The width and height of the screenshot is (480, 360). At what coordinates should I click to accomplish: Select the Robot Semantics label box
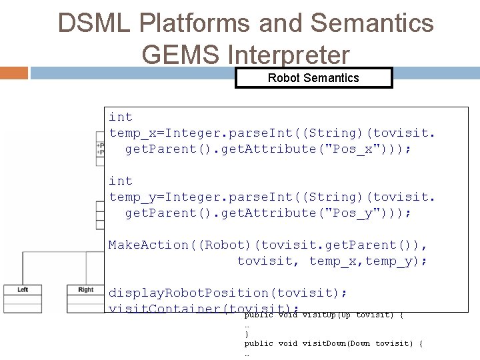[313, 78]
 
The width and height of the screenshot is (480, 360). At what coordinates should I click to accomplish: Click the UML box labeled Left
[23, 289]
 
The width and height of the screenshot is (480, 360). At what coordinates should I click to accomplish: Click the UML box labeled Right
[85, 289]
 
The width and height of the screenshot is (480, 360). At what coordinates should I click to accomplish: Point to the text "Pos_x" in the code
[348, 148]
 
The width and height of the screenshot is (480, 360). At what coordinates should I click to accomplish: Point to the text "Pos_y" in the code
[348, 212]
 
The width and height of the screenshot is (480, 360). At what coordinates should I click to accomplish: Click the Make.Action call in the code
[149, 245]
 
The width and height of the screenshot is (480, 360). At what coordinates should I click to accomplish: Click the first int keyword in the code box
[121, 117]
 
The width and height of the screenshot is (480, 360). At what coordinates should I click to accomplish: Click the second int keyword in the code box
[121, 181]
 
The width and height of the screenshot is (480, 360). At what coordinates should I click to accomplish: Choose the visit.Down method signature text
[333, 343]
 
